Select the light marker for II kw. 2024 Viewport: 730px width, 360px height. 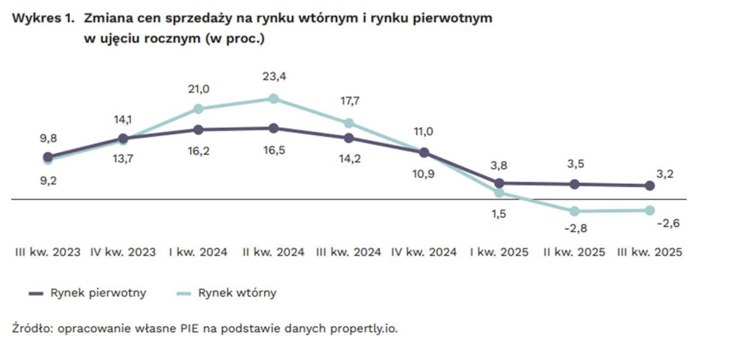tap(273, 99)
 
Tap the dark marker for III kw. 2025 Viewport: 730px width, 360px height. tap(649, 186)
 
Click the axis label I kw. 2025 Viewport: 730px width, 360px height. tap(499, 253)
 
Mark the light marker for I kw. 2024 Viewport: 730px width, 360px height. tap(199, 109)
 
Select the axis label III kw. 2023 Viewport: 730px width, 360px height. tap(47, 253)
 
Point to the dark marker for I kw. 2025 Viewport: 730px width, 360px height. tap(499, 183)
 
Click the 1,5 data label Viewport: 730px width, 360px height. tap(499, 214)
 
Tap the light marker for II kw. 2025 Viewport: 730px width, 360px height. tap(574, 211)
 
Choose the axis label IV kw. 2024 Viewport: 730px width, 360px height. tap(424, 253)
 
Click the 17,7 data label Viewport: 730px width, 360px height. tap(349, 101)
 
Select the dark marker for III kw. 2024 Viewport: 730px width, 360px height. tap(349, 138)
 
